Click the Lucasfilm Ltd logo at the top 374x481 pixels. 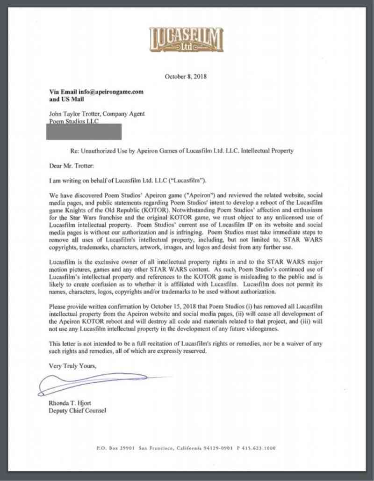click(x=186, y=39)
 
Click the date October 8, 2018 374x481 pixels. click(x=186, y=76)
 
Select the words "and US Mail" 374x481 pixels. click(x=67, y=99)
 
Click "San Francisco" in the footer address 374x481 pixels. click(x=157, y=448)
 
